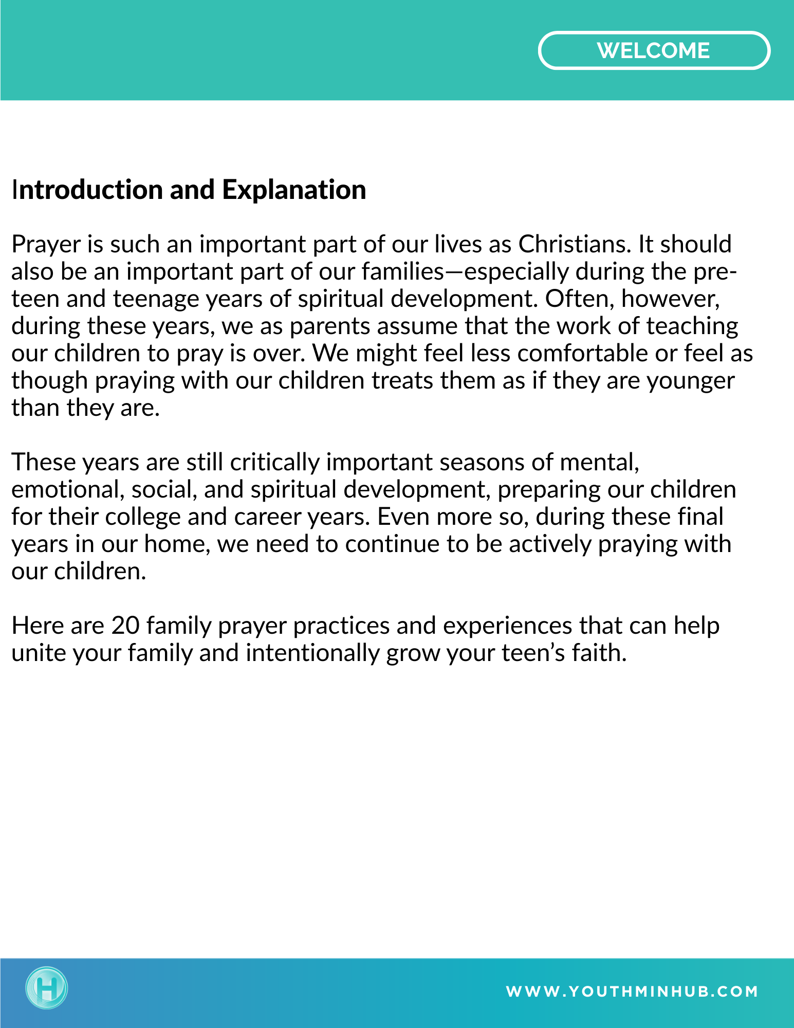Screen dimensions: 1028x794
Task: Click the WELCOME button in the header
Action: [654, 50]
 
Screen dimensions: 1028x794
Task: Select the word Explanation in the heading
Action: [294, 190]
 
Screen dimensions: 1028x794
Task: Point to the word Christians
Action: [574, 244]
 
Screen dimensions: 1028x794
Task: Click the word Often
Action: [580, 299]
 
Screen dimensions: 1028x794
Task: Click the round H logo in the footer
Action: [47, 987]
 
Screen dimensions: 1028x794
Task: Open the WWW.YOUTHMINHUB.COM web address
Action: [632, 992]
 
